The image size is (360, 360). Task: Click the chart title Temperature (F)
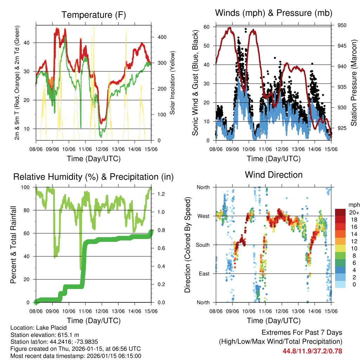tap(94, 15)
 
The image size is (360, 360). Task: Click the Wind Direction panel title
tap(274, 175)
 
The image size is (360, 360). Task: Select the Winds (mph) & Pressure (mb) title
tap(274, 13)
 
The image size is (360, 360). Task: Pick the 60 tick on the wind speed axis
tap(207, 27)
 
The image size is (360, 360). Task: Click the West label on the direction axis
tap(203, 216)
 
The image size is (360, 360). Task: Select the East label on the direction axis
tap(204, 274)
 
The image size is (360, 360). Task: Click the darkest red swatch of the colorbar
tap(340, 212)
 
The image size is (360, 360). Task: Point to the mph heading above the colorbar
tap(353, 205)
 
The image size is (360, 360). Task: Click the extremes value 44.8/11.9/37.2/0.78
tap(312, 351)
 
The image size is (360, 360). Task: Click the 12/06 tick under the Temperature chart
tap(102, 149)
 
